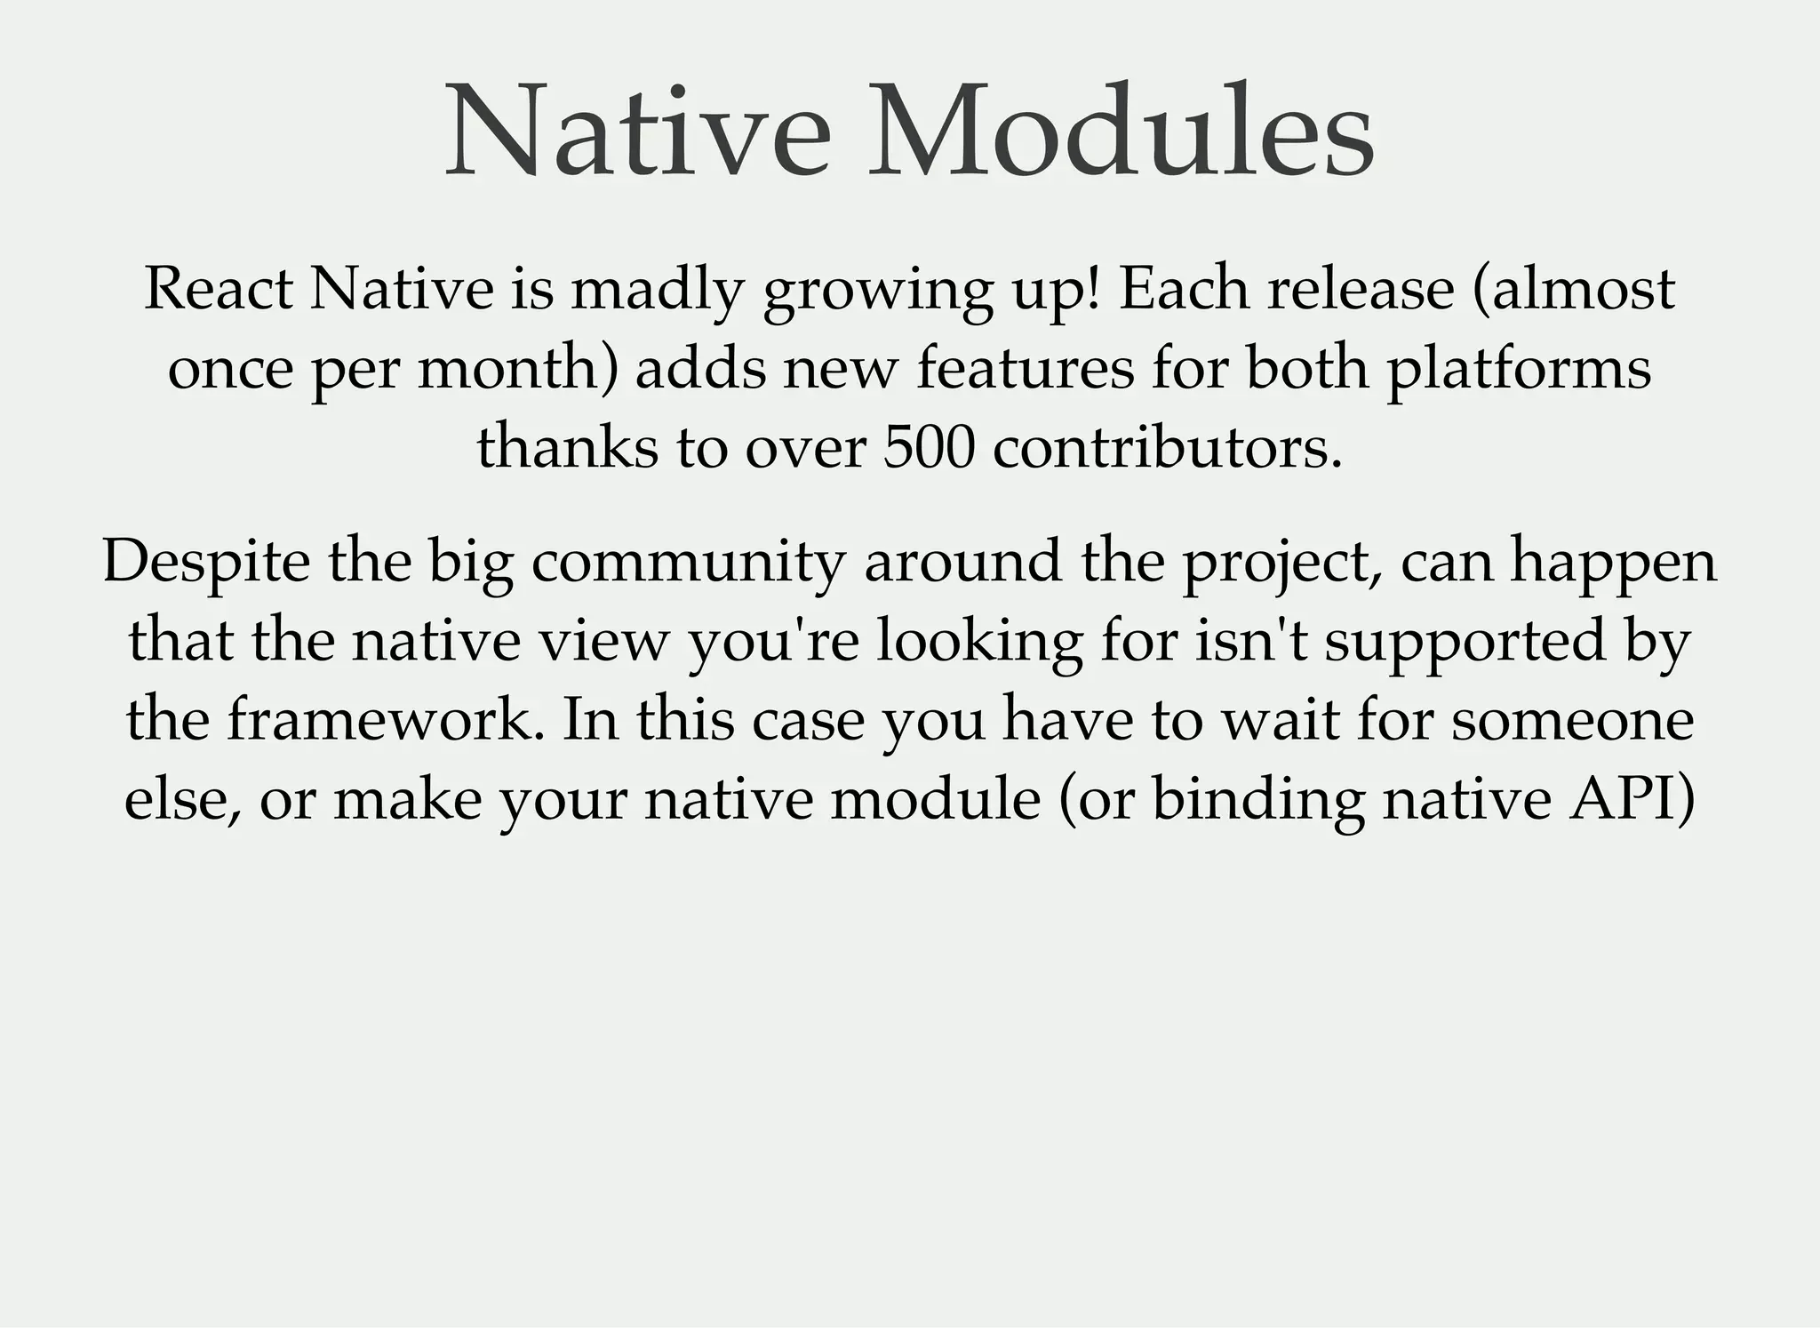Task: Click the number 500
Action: pyautogui.click(x=929, y=447)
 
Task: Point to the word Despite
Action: pyautogui.click(x=206, y=563)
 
